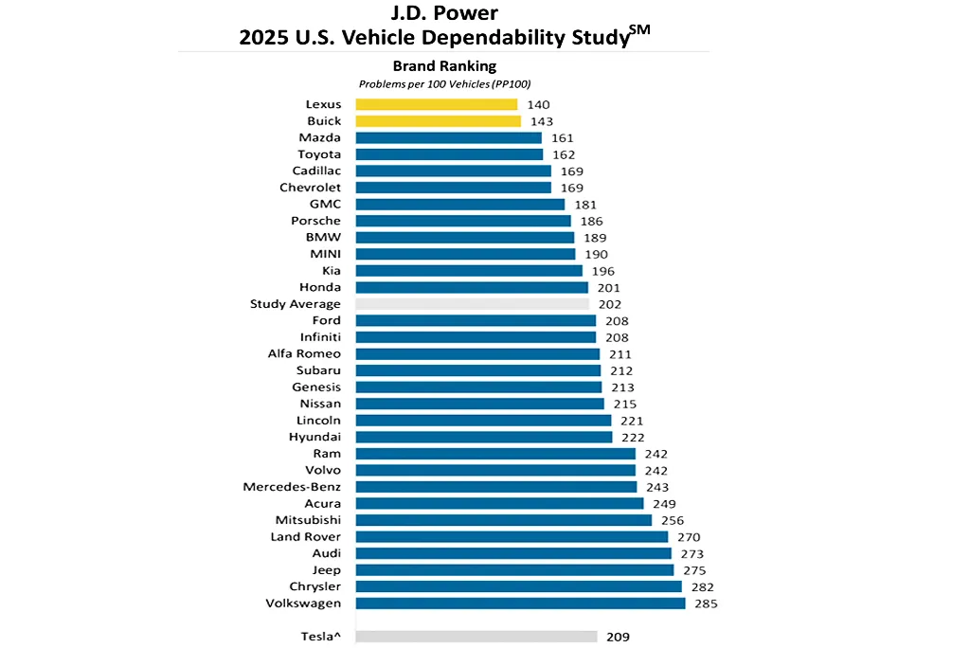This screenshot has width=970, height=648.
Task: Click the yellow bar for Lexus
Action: (x=437, y=104)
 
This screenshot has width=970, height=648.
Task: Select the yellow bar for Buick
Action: (x=439, y=121)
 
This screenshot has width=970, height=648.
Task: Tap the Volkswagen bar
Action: (x=520, y=603)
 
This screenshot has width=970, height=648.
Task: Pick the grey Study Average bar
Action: (x=472, y=304)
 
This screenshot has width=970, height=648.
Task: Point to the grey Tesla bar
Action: (x=476, y=638)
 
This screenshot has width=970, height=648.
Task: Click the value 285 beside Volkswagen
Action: (x=705, y=603)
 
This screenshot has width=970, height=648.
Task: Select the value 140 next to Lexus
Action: (x=537, y=104)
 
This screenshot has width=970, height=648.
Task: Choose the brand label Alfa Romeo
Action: (x=304, y=353)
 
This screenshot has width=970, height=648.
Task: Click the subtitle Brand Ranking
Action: (x=444, y=66)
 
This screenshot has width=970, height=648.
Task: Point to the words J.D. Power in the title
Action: (x=444, y=15)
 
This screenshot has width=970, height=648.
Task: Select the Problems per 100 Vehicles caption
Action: (x=444, y=84)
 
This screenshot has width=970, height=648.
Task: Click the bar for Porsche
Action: (x=463, y=221)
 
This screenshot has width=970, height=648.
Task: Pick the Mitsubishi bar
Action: (x=503, y=520)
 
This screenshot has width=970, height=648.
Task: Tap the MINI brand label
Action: (x=326, y=254)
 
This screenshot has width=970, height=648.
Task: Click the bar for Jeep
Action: (x=514, y=570)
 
